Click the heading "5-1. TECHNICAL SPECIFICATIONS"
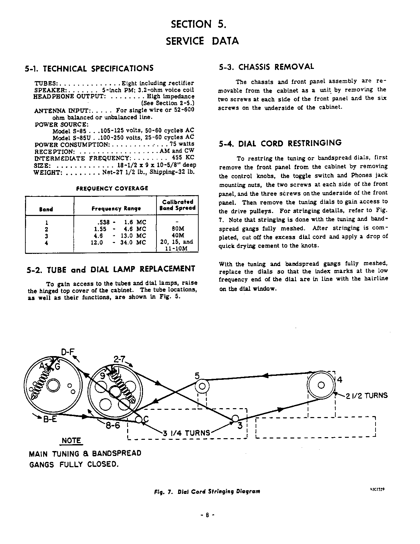[x=89, y=69]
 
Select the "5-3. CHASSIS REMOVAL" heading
[x=266, y=67]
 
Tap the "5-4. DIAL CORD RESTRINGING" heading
[x=280, y=143]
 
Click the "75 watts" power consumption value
[x=182, y=144]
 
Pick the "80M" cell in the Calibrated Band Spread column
[x=177, y=228]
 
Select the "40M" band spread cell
[x=177, y=235]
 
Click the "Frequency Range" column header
[x=116, y=209]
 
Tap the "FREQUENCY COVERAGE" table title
[x=112, y=188]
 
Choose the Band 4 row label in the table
[x=46, y=243]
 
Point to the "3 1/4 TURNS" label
[x=186, y=433]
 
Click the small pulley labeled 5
[x=202, y=385]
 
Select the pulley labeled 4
[x=321, y=385]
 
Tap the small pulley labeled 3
[x=235, y=418]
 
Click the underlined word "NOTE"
[x=71, y=440]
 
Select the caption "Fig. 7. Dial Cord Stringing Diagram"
[x=207, y=491]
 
